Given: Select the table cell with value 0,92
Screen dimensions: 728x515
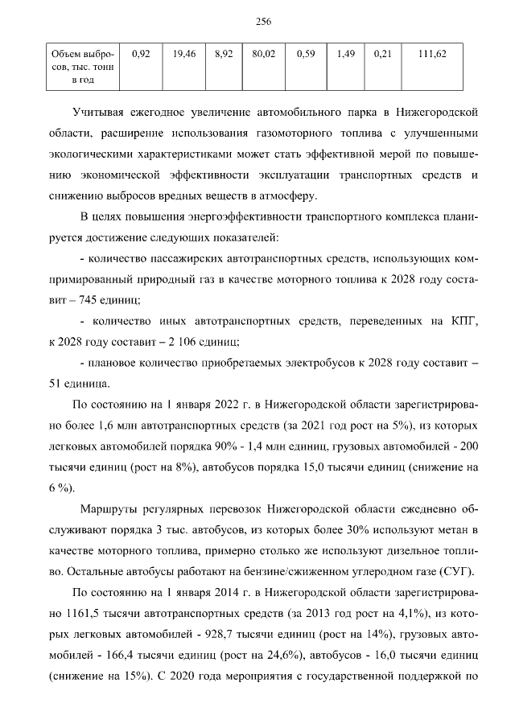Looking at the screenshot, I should (141, 54).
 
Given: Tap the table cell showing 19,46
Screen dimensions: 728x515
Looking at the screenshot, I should (184, 54).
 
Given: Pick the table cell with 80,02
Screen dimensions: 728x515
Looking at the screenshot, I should (263, 54).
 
